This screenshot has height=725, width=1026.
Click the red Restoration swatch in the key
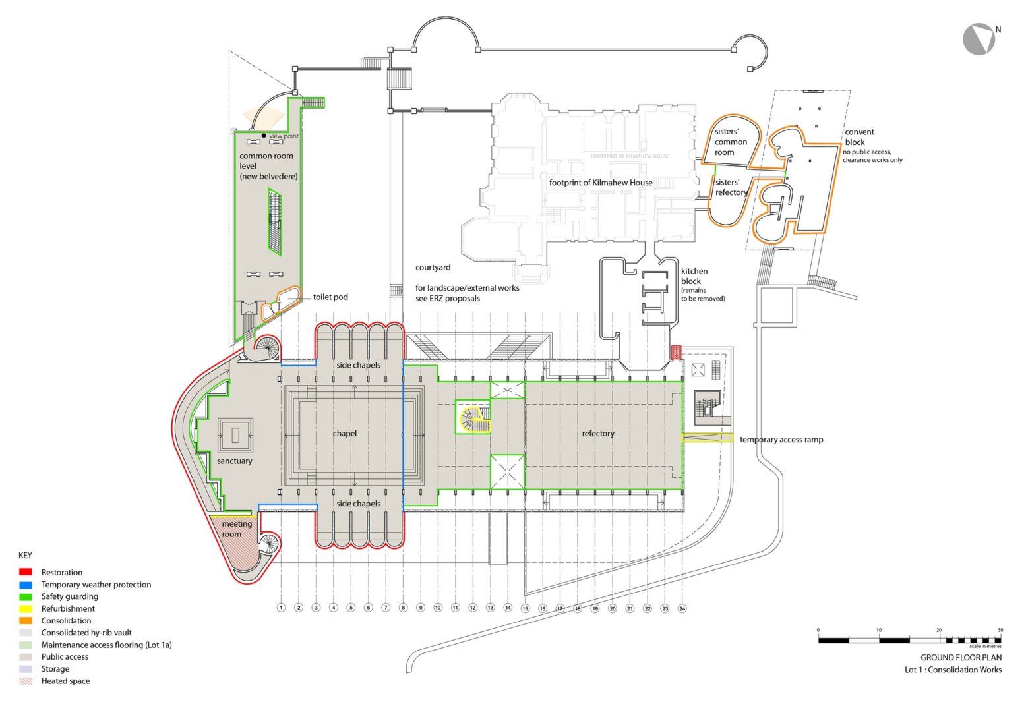coord(26,572)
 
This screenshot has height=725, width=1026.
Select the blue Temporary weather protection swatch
coord(26,585)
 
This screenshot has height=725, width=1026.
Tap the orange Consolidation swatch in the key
coord(26,621)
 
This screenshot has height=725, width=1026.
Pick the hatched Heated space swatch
coord(26,681)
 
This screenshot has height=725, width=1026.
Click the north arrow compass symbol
coord(979,39)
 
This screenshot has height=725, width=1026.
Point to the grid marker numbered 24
coord(682,608)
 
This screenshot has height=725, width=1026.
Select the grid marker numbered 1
coord(281,608)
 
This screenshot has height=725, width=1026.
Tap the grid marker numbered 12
coord(473,608)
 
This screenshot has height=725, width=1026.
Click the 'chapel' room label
coord(344,434)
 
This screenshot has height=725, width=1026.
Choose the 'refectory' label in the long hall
coord(597,434)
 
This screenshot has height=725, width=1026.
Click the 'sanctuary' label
coord(235,461)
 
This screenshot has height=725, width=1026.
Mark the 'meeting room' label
coord(236,529)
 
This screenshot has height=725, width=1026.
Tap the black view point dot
coord(264,136)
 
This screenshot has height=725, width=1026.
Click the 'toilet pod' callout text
coord(330,297)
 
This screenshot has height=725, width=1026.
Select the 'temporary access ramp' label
coord(781,440)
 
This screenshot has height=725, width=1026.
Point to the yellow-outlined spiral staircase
coord(473,419)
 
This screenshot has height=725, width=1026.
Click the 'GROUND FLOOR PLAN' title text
coord(961,658)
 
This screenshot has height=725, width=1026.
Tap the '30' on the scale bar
coord(1000,631)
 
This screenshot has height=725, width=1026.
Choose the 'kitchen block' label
coord(694,276)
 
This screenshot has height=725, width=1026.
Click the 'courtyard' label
coord(433,268)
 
